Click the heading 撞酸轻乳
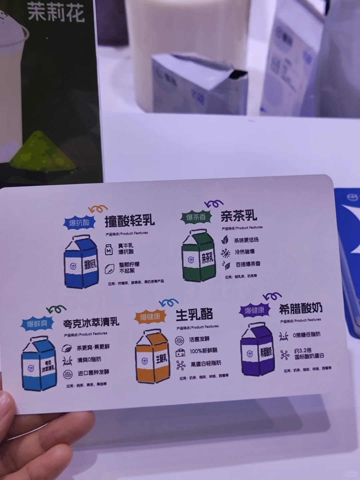[130, 221]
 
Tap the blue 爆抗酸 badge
[79, 222]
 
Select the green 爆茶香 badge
[196, 217]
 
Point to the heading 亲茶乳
[239, 216]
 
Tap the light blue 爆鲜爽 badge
[37, 323]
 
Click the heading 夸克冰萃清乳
[91, 323]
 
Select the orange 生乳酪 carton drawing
[152, 356]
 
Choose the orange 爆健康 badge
[150, 316]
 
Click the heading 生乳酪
[194, 315]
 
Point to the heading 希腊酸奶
[301, 309]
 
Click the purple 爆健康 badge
[255, 310]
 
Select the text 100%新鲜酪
[203, 351]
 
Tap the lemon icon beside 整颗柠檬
[109, 269]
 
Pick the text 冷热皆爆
[245, 252]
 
